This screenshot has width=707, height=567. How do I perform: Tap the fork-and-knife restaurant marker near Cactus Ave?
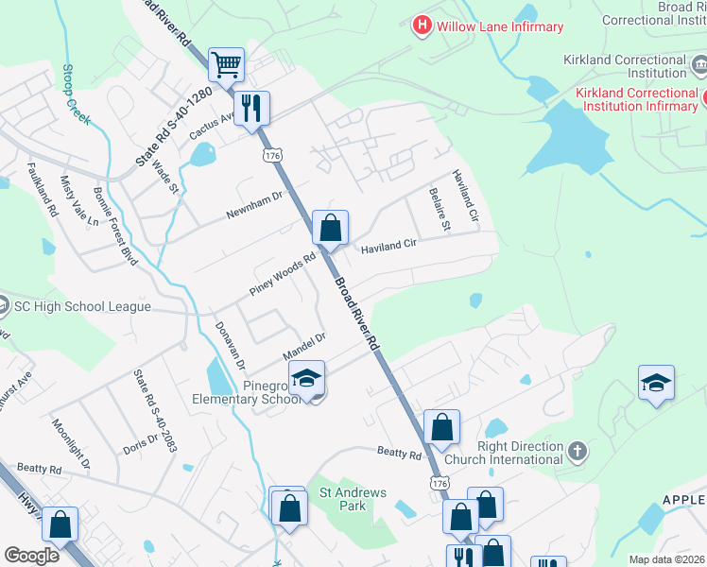point(251,108)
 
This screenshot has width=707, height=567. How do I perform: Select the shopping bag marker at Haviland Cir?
point(330,228)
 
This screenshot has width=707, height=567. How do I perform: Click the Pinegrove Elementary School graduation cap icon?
point(306,379)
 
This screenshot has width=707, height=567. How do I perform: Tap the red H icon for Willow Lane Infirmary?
point(422,26)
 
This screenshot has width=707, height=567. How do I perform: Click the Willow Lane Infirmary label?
point(500,26)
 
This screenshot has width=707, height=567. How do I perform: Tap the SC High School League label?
point(82,306)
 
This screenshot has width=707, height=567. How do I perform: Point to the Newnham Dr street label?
point(254,205)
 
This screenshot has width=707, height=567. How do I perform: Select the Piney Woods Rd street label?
point(282,274)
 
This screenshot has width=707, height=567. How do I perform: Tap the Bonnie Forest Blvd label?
point(116,223)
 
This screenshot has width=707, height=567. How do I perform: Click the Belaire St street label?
point(440,209)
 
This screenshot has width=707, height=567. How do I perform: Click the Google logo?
point(31,556)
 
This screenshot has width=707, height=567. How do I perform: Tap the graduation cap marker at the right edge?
point(656,383)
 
